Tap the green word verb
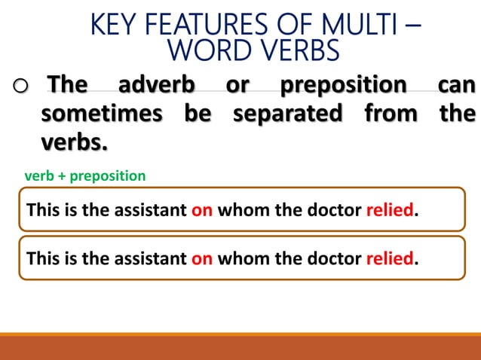click(41, 176)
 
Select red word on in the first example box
click(202, 210)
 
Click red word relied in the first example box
click(390, 210)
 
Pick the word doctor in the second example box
click(333, 259)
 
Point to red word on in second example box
click(202, 259)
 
